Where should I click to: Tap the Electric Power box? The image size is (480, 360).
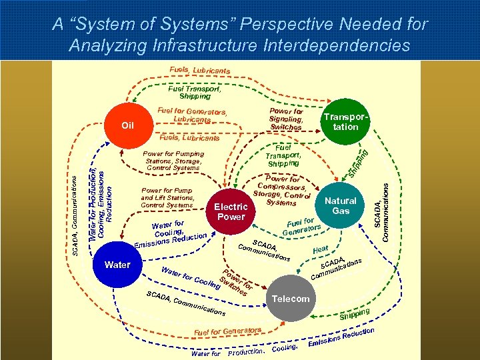point(231,212)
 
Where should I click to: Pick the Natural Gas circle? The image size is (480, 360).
point(341,205)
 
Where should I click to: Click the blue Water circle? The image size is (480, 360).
point(118,265)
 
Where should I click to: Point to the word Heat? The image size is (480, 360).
point(320,249)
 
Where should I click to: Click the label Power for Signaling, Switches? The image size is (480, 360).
point(287,119)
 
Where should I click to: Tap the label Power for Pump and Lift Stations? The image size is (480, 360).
point(167,198)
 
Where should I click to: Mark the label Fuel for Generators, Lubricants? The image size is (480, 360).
point(192,115)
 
